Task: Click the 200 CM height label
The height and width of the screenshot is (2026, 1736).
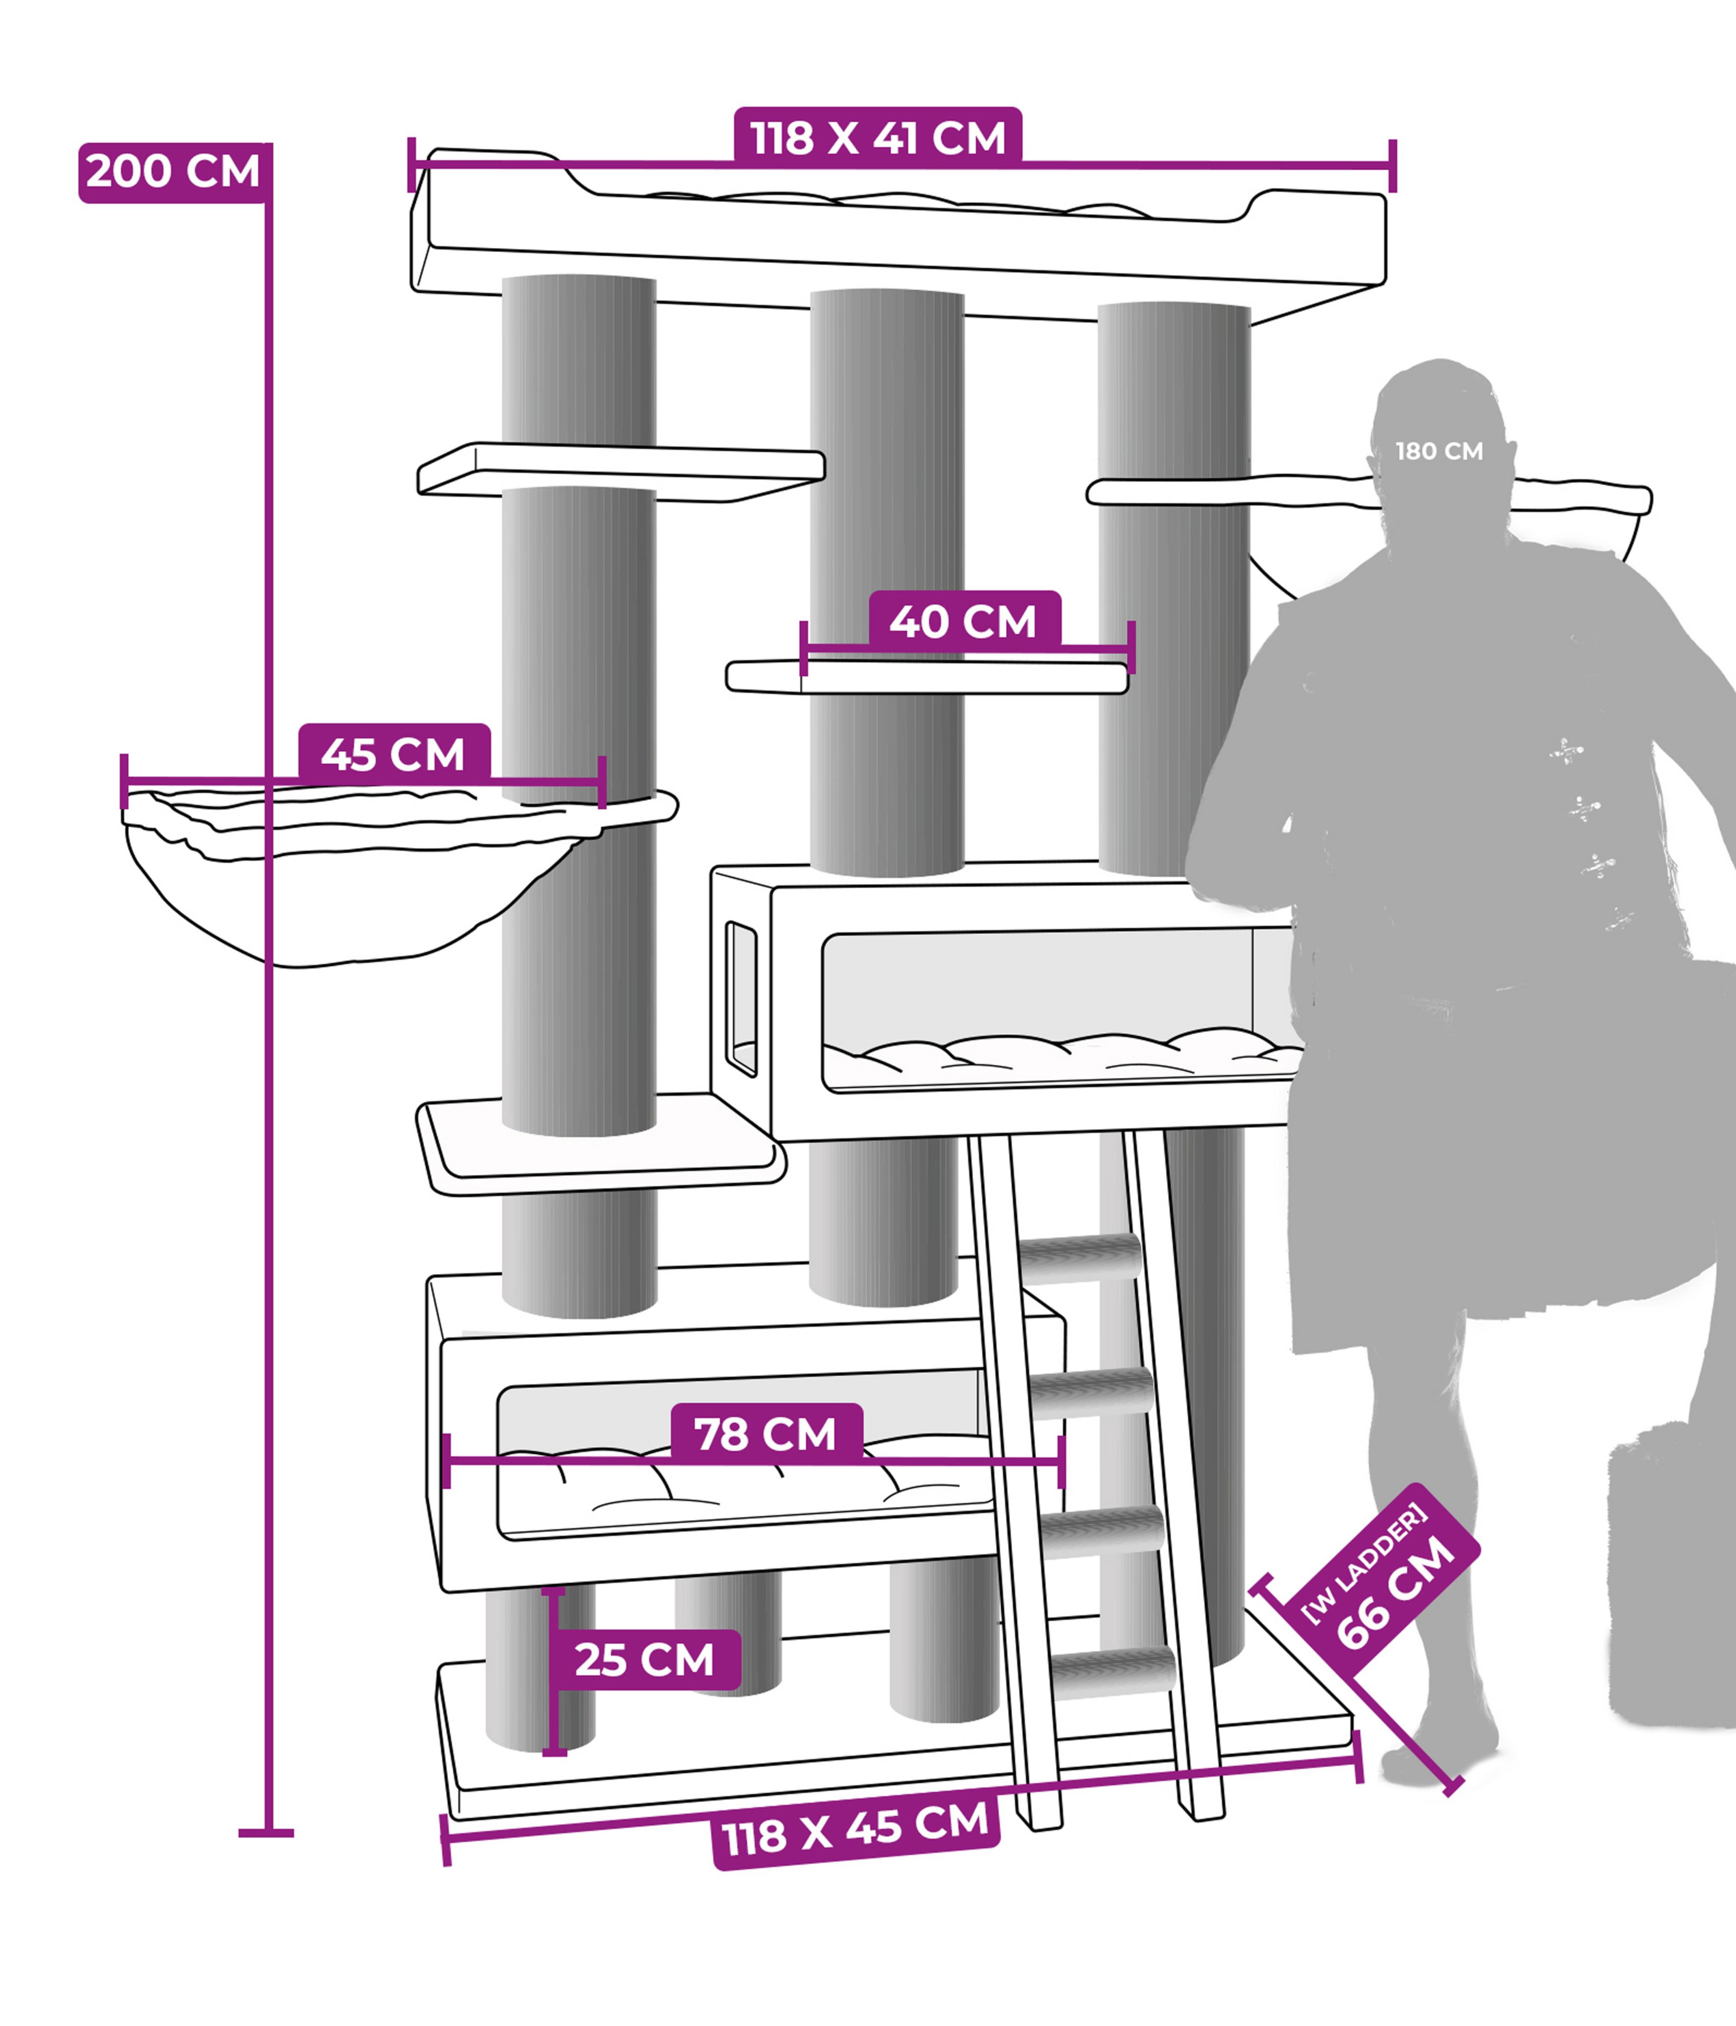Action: (x=174, y=172)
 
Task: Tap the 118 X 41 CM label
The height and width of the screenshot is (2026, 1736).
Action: (x=878, y=138)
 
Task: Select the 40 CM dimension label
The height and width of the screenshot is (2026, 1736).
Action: (x=964, y=621)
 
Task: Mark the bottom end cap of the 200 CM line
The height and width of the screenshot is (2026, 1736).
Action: (x=266, y=1833)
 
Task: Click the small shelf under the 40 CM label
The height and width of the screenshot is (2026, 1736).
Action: (x=927, y=677)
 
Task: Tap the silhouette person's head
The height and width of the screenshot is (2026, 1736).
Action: (x=1439, y=440)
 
